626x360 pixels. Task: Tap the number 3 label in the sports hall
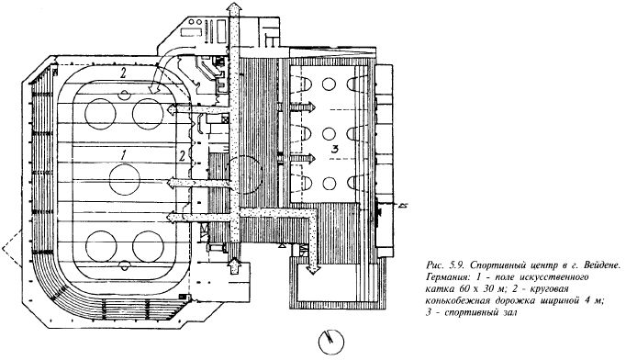pyautogui.click(x=334, y=150)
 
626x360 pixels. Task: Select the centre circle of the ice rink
pyautogui.click(x=125, y=179)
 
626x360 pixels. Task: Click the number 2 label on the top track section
pyautogui.click(x=123, y=73)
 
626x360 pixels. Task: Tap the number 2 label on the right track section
pyautogui.click(x=182, y=155)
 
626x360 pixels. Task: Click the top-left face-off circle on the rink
pyautogui.click(x=100, y=114)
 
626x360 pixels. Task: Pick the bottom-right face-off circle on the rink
pyautogui.click(x=148, y=246)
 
